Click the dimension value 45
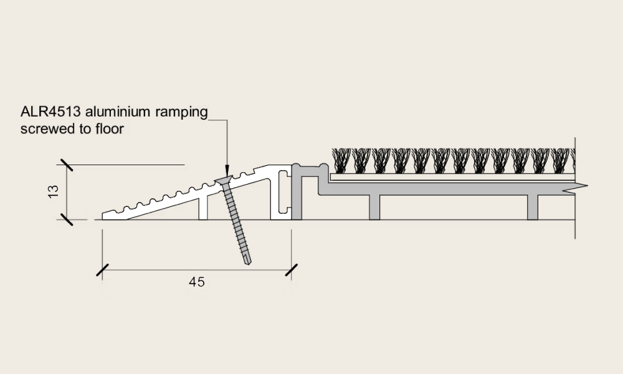click(196, 282)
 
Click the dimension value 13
click(53, 191)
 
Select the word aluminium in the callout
click(117, 112)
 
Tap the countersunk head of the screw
click(225, 181)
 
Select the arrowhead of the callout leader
click(226, 170)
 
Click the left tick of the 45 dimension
click(102, 270)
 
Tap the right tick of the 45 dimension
click(291, 270)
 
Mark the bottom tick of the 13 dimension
click(65, 219)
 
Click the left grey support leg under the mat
click(374, 208)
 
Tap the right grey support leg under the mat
click(533, 208)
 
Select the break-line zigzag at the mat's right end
click(574, 187)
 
